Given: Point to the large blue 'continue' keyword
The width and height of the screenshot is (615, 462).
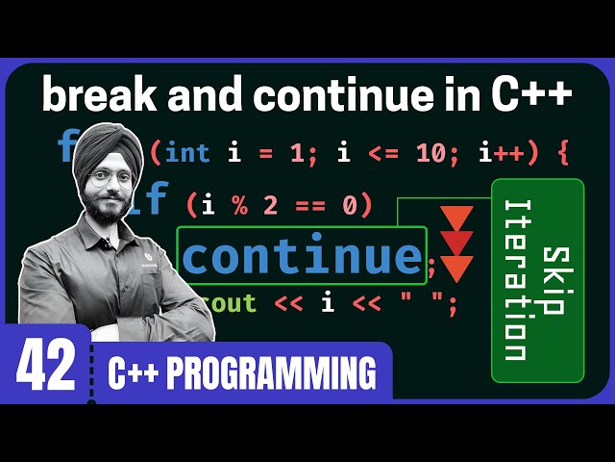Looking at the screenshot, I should click(302, 255).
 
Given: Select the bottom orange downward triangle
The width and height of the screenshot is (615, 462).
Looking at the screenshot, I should click(455, 267).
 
